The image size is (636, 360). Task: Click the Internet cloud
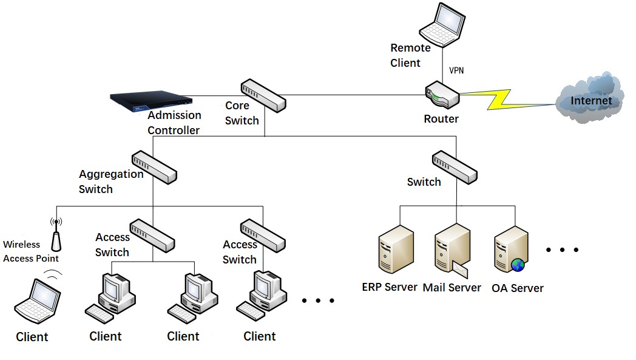[589, 99]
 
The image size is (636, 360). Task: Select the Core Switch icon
[262, 95]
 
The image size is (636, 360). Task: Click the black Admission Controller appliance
[151, 100]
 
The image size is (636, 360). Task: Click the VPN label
[456, 70]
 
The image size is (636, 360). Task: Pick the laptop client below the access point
[38, 301]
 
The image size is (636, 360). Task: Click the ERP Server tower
[396, 250]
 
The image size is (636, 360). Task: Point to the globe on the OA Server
[518, 265]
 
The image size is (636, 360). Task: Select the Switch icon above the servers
[455, 167]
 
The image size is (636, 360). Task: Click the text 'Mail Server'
[452, 288]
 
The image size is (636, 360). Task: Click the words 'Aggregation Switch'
[110, 182]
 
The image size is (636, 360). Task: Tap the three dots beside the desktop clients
[318, 301]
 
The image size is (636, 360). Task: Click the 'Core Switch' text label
[242, 113]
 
